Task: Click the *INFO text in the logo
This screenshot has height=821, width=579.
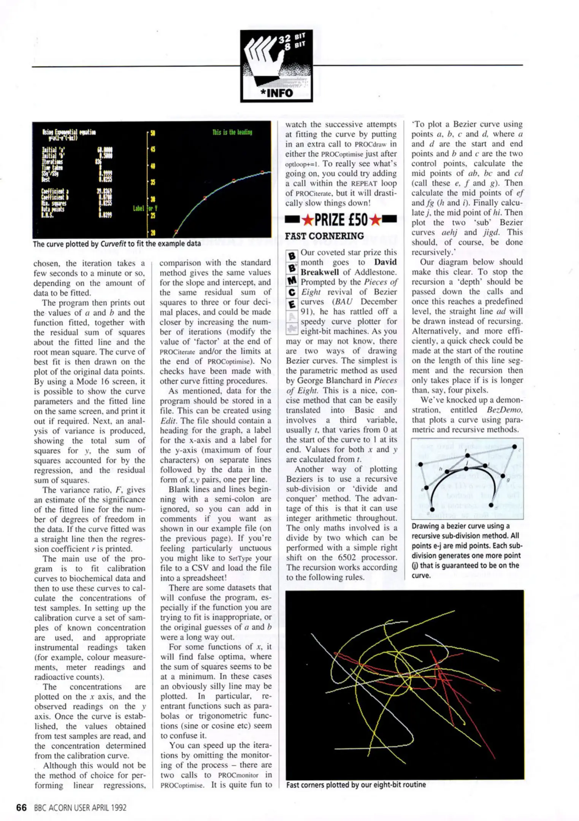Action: click(276, 93)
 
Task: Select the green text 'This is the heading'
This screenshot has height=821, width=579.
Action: click(232, 132)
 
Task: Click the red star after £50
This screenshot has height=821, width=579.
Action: click(375, 220)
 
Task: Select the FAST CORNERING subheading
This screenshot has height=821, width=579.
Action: click(324, 236)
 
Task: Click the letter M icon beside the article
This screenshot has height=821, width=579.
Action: click(292, 281)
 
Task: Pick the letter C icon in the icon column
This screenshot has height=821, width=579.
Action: click(292, 292)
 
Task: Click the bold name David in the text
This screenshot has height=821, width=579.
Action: click(385, 262)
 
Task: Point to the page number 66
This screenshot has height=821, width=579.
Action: click(21, 808)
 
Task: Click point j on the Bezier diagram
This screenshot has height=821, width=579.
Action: click(466, 468)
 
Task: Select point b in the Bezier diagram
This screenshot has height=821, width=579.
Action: click(420, 464)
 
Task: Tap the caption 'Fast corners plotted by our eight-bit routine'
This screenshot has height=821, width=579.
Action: click(356, 785)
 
